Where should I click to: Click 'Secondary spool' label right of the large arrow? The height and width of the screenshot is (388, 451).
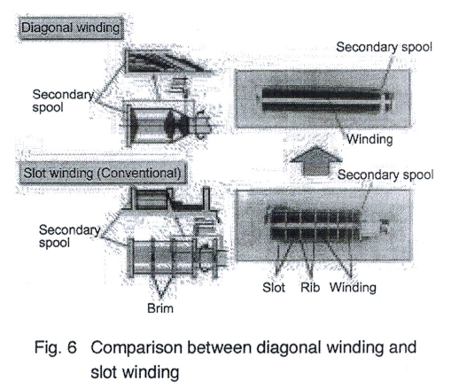pos(382,175)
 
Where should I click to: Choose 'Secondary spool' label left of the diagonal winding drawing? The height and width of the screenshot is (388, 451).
pos(62,99)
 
